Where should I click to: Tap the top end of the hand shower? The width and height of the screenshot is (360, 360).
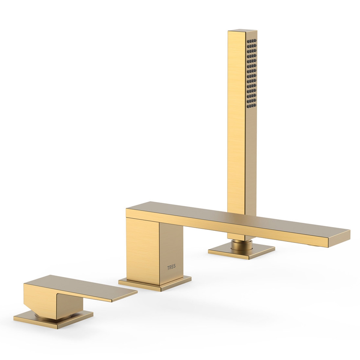(242, 31)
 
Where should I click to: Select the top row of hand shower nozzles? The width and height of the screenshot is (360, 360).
(252, 41)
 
